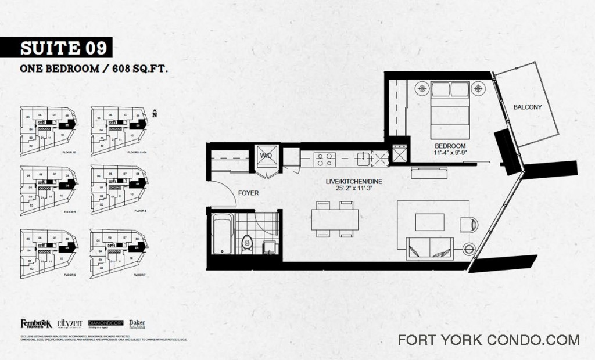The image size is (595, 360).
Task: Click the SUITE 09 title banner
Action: coord(56,47)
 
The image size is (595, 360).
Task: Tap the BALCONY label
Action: coord(528,107)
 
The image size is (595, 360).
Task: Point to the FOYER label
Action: coord(248,193)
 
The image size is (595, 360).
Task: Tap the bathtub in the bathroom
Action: coord(221,234)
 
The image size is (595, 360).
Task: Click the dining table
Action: coord(335,219)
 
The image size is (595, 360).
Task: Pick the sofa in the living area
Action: coord(431,249)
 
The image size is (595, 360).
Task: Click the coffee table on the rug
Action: coord(429,221)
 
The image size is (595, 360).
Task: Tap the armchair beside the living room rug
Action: coord(468,225)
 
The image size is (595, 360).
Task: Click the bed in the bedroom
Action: coord(450,106)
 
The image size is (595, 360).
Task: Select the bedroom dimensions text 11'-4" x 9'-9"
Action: coord(450,153)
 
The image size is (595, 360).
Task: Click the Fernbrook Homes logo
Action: coord(36,324)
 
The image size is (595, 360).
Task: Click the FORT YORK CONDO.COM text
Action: coord(489,340)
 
